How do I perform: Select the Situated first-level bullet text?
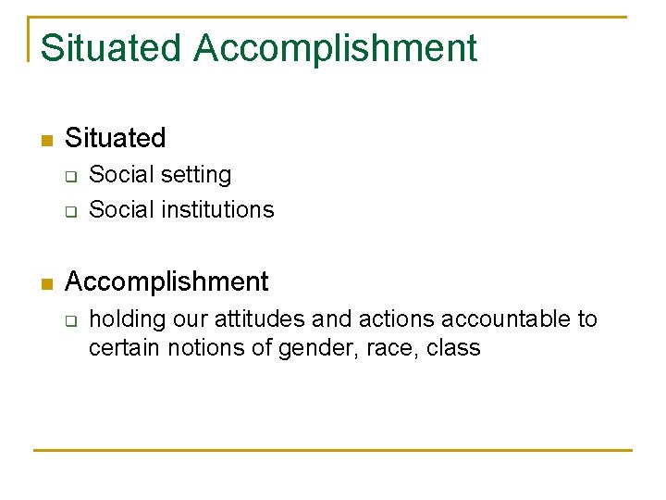click(x=116, y=139)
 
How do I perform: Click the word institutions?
click(x=217, y=210)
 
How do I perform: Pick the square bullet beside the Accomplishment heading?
click(x=46, y=284)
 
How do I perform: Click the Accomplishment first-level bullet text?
click(x=166, y=281)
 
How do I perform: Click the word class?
click(x=454, y=349)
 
